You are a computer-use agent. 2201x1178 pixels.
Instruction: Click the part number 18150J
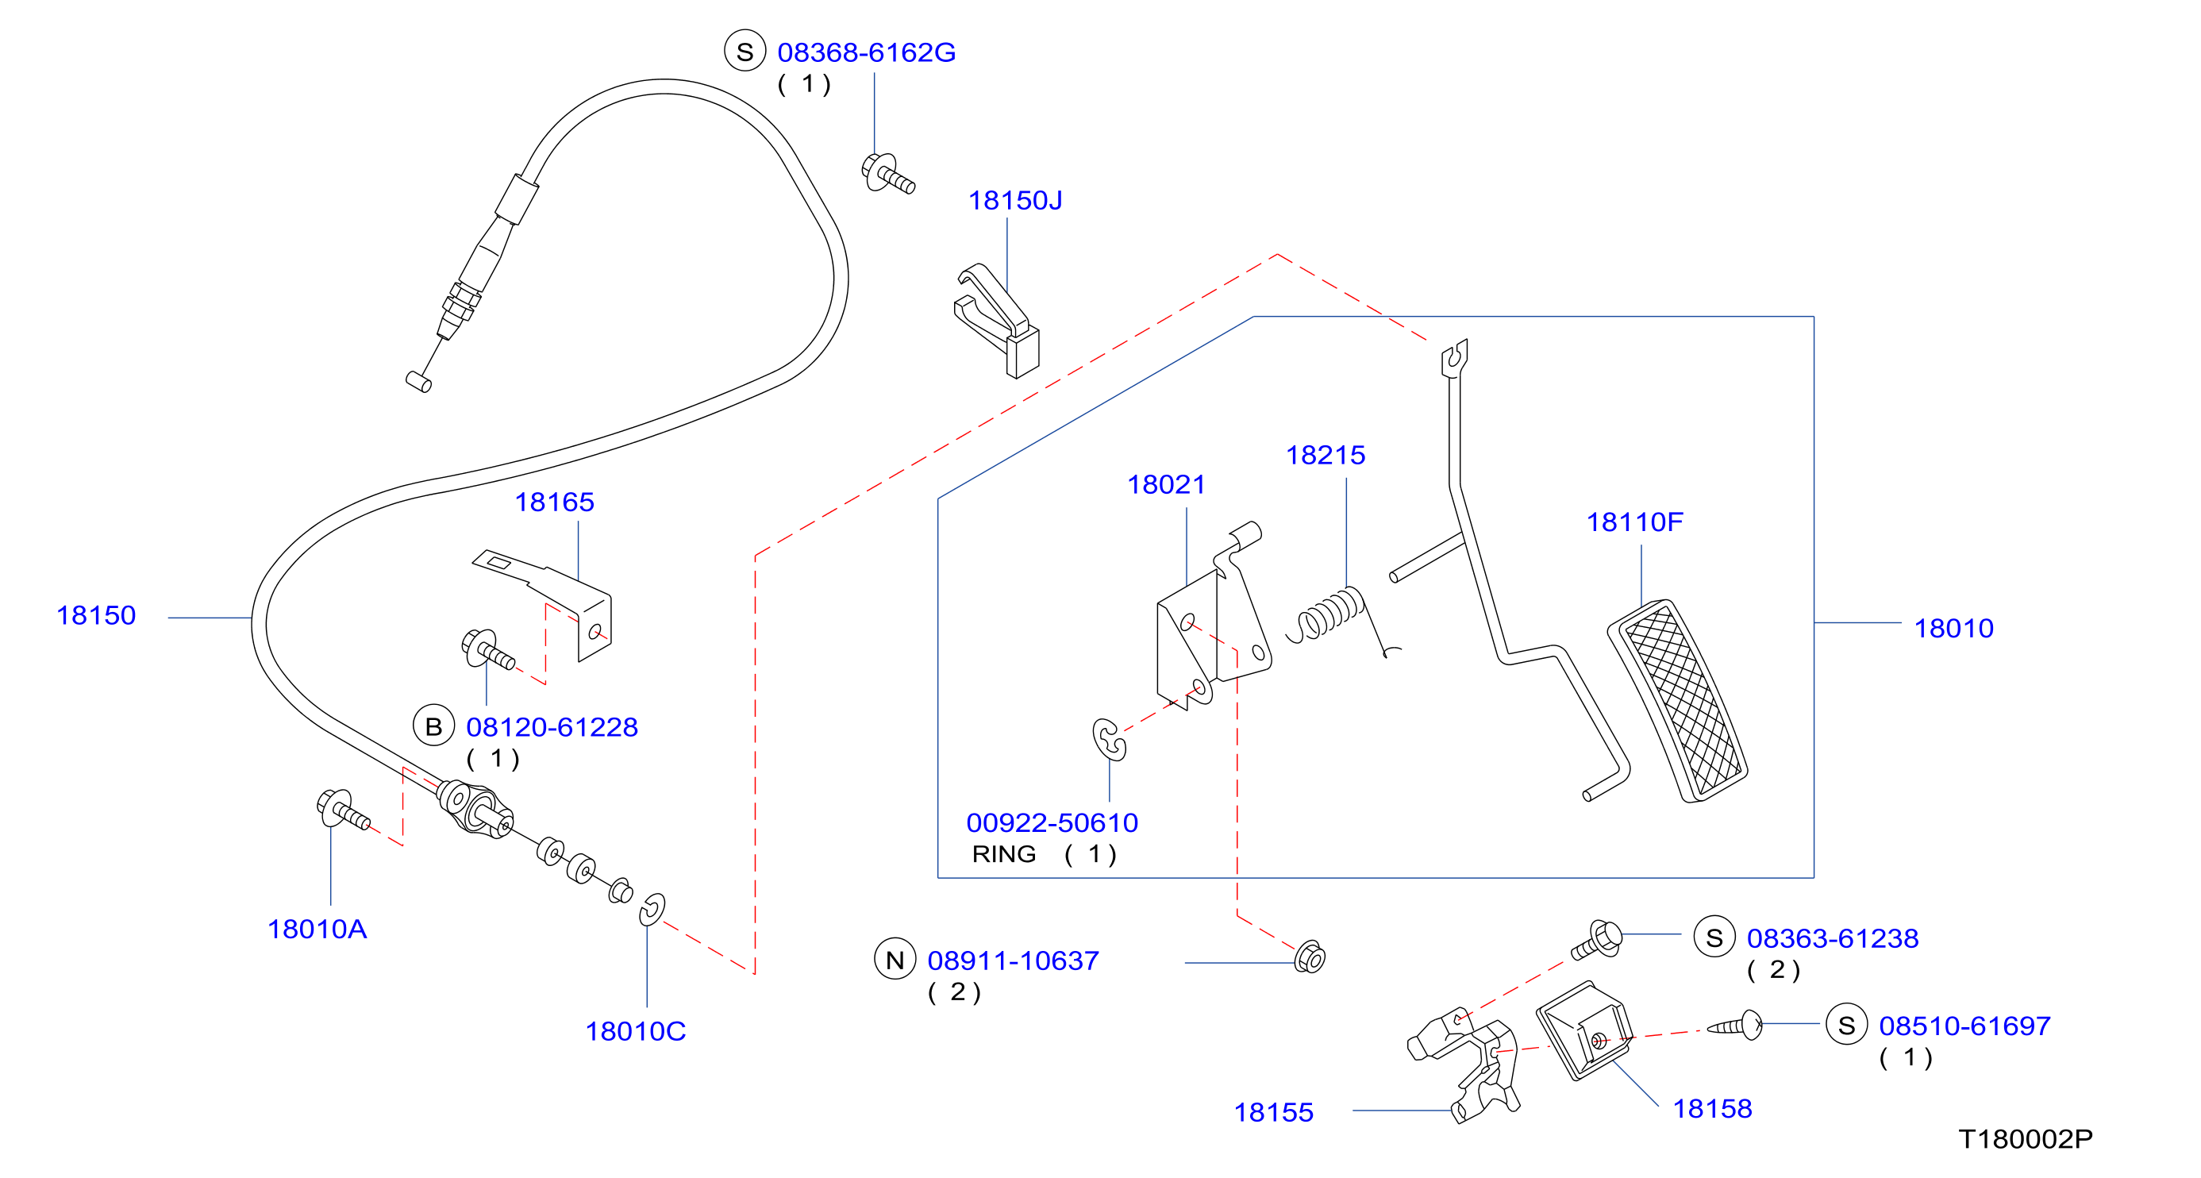tap(1015, 201)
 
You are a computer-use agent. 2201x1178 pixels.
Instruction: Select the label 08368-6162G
tap(867, 53)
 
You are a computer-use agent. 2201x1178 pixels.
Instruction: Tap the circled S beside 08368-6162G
tap(745, 52)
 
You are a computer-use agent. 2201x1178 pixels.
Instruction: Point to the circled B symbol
tap(434, 726)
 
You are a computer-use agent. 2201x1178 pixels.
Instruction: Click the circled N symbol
tap(895, 960)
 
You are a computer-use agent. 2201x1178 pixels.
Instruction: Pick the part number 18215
tap(1326, 456)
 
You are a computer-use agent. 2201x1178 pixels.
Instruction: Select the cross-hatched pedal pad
tap(1678, 700)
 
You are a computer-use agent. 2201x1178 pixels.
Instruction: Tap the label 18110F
tap(1634, 522)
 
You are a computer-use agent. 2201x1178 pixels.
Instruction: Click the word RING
tap(1004, 854)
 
